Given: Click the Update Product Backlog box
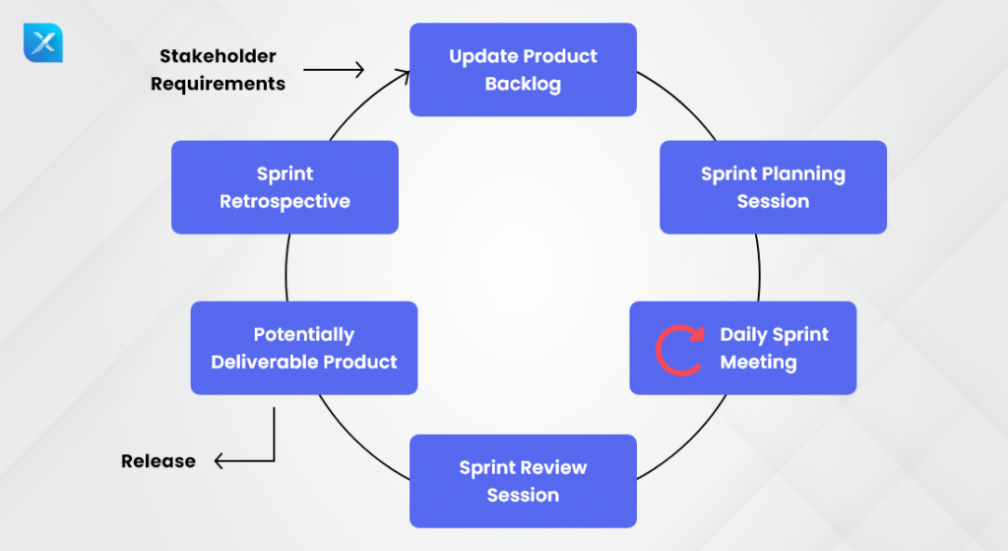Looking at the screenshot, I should (523, 70).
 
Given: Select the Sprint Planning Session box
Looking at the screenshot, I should (773, 187).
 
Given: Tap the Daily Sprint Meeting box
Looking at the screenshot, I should (743, 348).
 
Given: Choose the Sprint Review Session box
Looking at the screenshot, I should (523, 481).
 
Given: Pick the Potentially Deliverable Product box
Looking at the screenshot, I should (304, 348).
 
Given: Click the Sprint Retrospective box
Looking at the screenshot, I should (284, 187).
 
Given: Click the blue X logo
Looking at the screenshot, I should (42, 43).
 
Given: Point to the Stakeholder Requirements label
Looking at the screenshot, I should (218, 70).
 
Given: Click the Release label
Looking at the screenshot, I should (158, 461).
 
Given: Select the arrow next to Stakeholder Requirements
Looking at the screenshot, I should (334, 70).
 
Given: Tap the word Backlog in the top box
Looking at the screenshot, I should (523, 84).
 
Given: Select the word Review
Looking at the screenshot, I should (552, 467).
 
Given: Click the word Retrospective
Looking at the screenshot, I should (284, 201).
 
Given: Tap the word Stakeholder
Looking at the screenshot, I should (214, 56).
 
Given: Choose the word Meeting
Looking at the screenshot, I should (758, 362).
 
